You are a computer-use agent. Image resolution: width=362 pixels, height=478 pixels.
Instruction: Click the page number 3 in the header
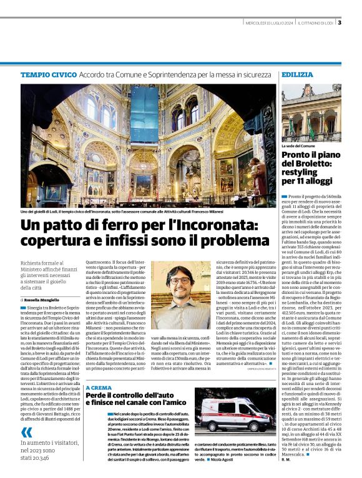339,24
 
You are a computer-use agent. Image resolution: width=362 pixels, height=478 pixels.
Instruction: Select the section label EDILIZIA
296,74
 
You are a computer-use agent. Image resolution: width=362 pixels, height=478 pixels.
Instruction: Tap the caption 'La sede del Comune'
298,145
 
